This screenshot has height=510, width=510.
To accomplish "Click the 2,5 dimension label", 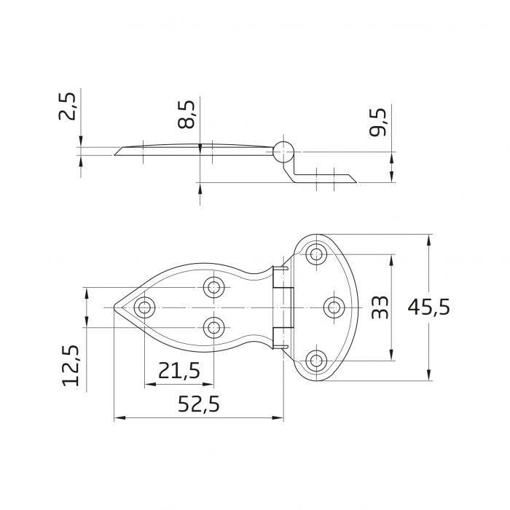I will coord(67,106).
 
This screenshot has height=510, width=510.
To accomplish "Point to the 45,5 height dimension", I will coord(428,307).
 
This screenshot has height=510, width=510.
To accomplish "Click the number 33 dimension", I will coord(379,307).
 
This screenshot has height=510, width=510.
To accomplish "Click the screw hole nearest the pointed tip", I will coord(144,307).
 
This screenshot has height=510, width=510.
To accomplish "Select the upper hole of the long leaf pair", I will coord(213,287).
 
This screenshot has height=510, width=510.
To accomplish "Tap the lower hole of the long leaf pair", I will coord(213,327).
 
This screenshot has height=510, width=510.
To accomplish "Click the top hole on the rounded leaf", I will coord(316,254).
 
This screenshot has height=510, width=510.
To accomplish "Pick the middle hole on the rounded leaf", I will coord(334,307).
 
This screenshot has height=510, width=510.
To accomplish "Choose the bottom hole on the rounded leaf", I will coord(316,360).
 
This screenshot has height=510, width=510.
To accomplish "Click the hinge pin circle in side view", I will coord(283,152).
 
